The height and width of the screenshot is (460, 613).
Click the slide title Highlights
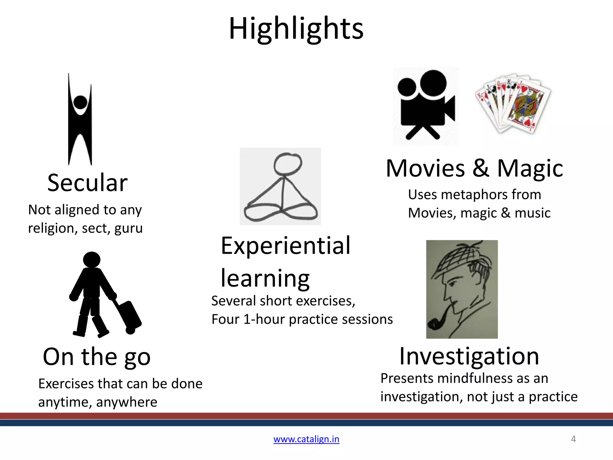pos(296,29)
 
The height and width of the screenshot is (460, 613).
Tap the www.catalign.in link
pos(306,439)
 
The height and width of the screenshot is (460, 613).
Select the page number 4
pos(573,439)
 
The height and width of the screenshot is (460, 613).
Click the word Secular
pos(87,183)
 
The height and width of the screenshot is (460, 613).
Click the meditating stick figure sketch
pos(280,186)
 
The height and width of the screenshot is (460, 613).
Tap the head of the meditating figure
pos(288,164)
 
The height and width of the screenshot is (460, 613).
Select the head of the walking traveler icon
pos(92,259)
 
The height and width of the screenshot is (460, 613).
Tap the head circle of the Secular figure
pos(80,102)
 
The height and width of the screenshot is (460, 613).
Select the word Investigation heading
pos(469,356)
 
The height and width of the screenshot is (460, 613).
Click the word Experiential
pos(286,246)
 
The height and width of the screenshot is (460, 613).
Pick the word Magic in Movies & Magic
pos(530,168)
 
